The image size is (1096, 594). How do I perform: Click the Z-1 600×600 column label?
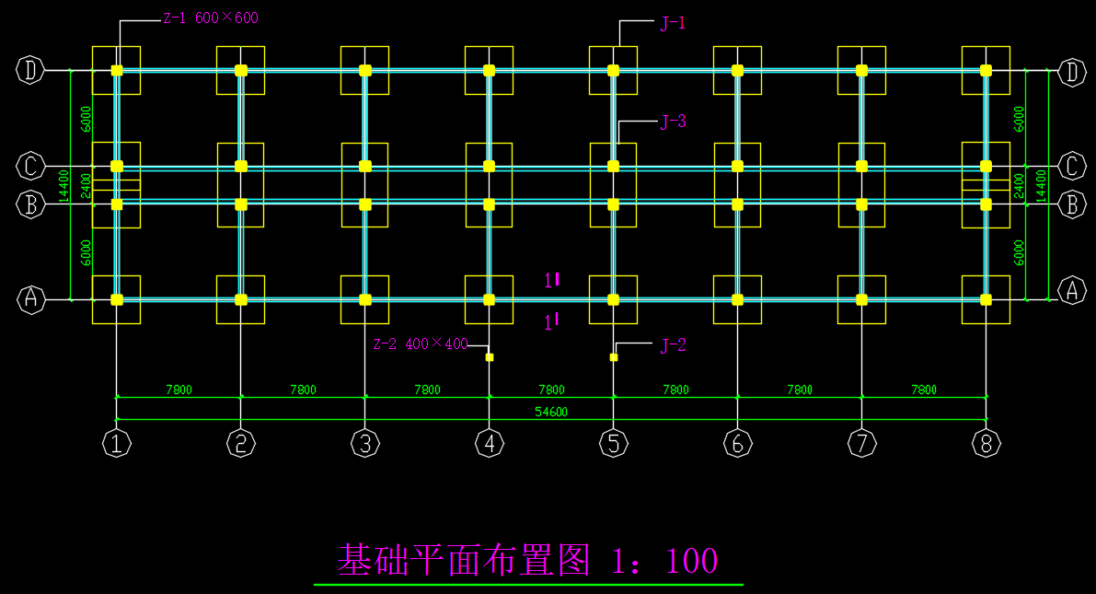pyautogui.click(x=210, y=17)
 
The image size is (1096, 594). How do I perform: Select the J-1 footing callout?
pyautogui.click(x=673, y=24)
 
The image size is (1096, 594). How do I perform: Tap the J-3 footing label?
pyautogui.click(x=673, y=122)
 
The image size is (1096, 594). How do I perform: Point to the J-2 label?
pyautogui.click(x=673, y=346)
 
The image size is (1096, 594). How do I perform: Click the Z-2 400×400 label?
pyautogui.click(x=420, y=344)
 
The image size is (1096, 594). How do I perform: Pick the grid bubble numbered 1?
pyautogui.click(x=117, y=444)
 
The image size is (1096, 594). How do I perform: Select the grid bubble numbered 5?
pyautogui.click(x=614, y=444)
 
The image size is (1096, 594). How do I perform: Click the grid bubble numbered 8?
pyautogui.click(x=986, y=444)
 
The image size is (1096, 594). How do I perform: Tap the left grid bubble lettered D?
pyautogui.click(x=31, y=70)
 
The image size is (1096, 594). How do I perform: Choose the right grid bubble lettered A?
pyautogui.click(x=1071, y=292)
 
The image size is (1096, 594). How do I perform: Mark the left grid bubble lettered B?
pyautogui.click(x=31, y=204)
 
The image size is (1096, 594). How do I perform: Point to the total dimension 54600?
pyautogui.click(x=551, y=413)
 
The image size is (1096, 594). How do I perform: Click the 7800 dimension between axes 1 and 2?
pyautogui.click(x=179, y=390)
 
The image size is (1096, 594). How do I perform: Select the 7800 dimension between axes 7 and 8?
pyautogui.click(x=924, y=390)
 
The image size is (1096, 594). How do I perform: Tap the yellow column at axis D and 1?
pyautogui.click(x=117, y=70)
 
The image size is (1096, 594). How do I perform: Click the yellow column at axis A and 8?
pyautogui.click(x=986, y=299)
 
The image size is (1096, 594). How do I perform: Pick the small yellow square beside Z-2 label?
pyautogui.click(x=490, y=357)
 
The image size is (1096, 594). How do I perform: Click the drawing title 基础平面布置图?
pyautogui.click(x=463, y=560)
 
